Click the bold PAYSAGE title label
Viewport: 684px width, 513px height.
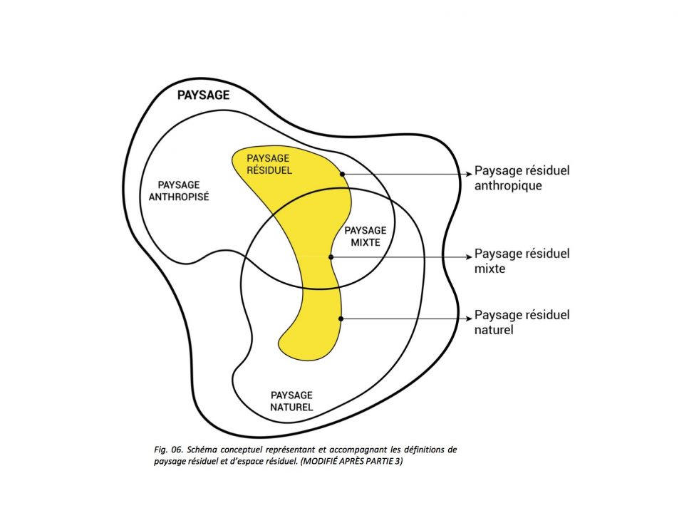[x=203, y=95]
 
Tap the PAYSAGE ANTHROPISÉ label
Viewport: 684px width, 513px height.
[x=177, y=190]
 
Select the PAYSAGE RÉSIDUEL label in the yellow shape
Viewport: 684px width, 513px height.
[x=269, y=164]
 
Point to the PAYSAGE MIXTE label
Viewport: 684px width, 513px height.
[x=365, y=236]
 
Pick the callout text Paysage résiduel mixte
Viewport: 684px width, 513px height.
[x=522, y=261]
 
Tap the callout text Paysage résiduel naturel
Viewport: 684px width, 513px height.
[x=522, y=322]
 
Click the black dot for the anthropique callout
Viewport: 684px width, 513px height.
[x=343, y=174]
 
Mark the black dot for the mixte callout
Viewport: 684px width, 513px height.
[x=331, y=256]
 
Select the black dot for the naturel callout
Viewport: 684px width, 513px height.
[x=341, y=318]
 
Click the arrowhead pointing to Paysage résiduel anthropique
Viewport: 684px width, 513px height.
[x=468, y=174]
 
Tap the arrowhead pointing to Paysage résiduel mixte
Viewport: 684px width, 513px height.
[x=468, y=256]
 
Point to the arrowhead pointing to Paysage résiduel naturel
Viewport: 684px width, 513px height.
[x=468, y=318]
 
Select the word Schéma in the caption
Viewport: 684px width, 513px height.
[x=205, y=450]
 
